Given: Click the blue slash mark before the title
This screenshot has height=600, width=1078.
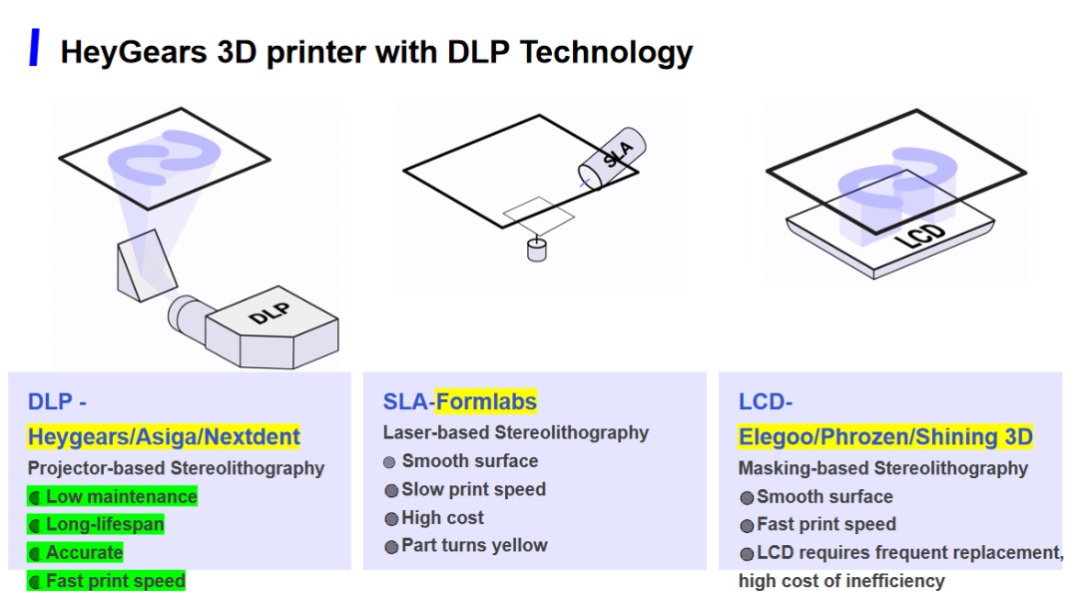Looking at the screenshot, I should pyautogui.click(x=35, y=48).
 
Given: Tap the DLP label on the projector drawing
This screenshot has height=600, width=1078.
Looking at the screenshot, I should pyautogui.click(x=269, y=313).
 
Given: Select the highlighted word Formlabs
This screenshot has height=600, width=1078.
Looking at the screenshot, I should pyautogui.click(x=486, y=401).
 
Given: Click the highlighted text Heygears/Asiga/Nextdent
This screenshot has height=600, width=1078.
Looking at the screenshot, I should pyautogui.click(x=164, y=436).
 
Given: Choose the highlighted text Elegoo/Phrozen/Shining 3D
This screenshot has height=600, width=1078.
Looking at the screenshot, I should pyautogui.click(x=885, y=436).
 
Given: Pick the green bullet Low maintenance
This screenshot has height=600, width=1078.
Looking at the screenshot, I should pyautogui.click(x=121, y=496).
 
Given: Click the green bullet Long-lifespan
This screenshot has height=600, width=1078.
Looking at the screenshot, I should pyautogui.click(x=105, y=524).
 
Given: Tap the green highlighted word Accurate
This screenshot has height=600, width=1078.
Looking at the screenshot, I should pyautogui.click(x=85, y=552).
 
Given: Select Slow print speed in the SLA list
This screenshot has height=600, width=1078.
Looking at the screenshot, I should pyautogui.click(x=473, y=489).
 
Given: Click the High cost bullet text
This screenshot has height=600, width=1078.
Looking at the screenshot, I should pyautogui.click(x=442, y=517).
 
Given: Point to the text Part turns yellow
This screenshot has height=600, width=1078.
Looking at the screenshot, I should pyautogui.click(x=474, y=545).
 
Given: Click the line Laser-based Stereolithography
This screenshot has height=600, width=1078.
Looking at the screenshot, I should pyautogui.click(x=516, y=432).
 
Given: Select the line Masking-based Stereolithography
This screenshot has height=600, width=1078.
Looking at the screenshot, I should pyautogui.click(x=882, y=468).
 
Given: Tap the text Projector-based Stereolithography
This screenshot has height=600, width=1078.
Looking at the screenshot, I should pyautogui.click(x=176, y=468).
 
